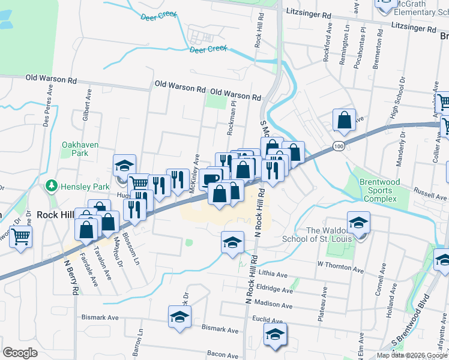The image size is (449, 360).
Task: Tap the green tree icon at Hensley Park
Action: tap(53, 185)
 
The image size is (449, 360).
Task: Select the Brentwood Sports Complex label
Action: tap(378, 191)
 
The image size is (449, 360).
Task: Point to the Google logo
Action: tap(20, 353)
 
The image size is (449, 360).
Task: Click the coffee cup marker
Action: tap(211, 179)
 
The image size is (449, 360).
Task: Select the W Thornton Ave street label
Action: tap(340, 265)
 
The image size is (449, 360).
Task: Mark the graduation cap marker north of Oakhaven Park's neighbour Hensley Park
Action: tap(125, 166)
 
